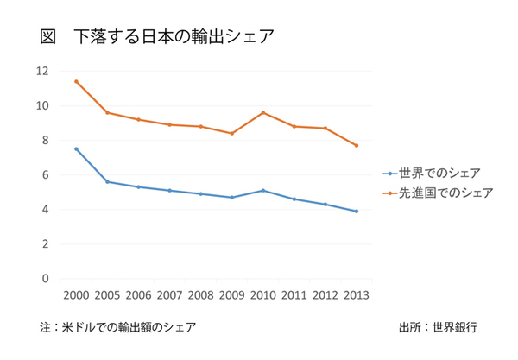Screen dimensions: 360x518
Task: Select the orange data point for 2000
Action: [76, 81]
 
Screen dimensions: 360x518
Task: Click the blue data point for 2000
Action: [76, 148]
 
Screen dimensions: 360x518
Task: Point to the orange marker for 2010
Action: [262, 112]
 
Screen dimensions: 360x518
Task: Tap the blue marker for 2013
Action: [356, 211]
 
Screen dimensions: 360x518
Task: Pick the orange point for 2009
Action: [231, 133]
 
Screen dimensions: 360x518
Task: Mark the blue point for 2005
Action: [107, 181]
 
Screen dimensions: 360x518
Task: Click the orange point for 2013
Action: [356, 145]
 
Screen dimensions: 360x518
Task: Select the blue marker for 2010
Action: [262, 190]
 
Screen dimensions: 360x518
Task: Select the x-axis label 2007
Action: [169, 294]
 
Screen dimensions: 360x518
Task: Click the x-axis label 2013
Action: [356, 294]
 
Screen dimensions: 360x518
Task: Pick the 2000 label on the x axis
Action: [76, 294]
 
